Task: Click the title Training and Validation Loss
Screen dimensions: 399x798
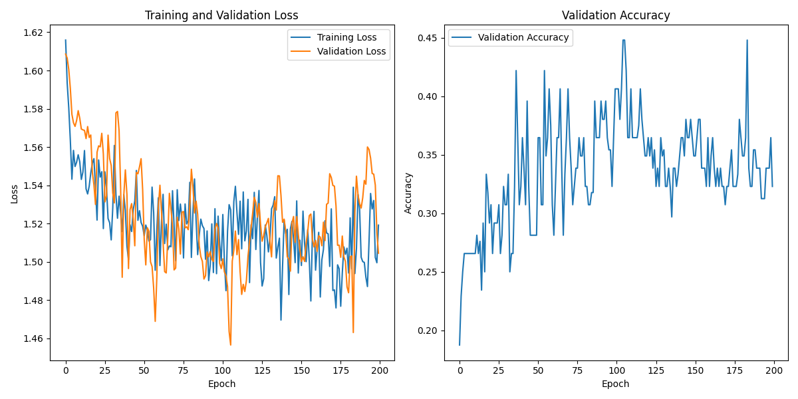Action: coord(221,15)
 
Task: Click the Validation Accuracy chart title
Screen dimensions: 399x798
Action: coord(616,15)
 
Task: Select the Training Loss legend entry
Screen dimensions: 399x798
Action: coord(346,37)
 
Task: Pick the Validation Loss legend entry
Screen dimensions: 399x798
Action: coord(351,51)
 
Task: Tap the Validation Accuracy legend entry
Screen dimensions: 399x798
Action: coord(523,37)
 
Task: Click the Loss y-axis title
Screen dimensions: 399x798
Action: coord(15,194)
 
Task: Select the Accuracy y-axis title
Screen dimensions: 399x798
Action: coord(408,193)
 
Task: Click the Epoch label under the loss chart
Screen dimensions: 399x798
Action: coord(221,384)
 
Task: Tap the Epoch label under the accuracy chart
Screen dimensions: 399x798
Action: coord(616,384)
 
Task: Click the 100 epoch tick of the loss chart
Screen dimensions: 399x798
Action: coord(223,368)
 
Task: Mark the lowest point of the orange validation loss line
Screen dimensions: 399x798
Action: coord(231,345)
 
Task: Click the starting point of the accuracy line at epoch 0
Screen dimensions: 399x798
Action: coord(460,345)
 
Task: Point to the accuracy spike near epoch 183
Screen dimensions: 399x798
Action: coord(747,40)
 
